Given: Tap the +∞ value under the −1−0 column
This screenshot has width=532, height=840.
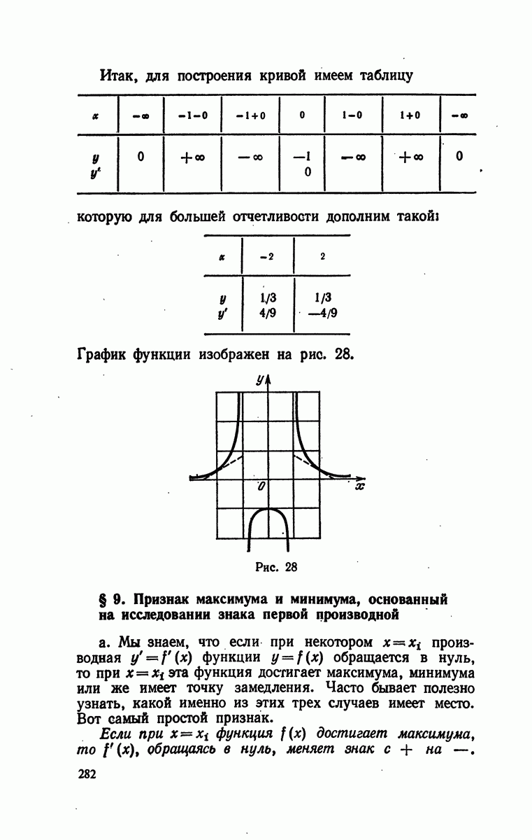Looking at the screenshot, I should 192,157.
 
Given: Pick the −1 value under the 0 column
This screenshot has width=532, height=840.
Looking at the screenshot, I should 303,157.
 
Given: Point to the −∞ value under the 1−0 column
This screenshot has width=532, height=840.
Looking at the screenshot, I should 354,157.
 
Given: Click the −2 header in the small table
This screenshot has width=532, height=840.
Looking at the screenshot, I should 266,256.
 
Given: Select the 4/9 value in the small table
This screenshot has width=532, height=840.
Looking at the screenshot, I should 267,313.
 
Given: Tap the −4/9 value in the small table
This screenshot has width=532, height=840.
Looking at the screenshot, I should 323,313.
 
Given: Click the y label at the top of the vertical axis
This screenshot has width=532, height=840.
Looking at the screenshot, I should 259,381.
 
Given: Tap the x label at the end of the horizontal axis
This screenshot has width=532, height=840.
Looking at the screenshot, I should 359,485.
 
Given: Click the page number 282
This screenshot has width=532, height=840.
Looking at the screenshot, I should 87,773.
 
